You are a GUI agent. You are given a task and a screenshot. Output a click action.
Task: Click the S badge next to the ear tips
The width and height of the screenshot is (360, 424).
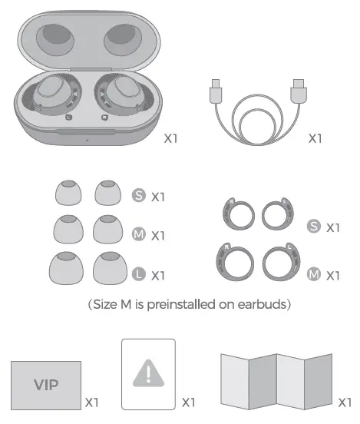[139, 196]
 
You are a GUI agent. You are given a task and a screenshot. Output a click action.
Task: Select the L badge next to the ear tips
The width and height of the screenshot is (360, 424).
[139, 273]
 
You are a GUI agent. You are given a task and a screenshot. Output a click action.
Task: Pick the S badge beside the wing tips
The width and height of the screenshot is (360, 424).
[313, 227]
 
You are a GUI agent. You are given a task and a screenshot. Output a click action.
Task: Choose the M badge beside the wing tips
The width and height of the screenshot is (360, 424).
[313, 273]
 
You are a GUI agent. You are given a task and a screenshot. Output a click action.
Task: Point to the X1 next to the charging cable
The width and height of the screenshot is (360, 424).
[315, 139]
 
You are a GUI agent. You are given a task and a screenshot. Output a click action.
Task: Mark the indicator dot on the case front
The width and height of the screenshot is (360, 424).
[88, 140]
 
